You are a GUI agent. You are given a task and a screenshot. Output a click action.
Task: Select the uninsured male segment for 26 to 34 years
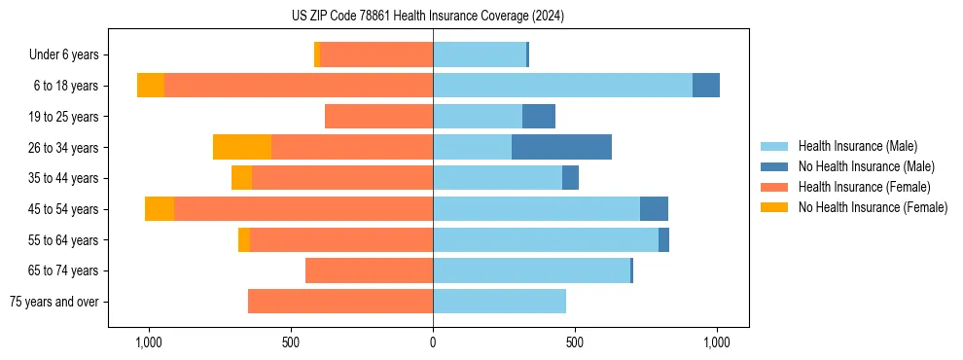click(x=561, y=147)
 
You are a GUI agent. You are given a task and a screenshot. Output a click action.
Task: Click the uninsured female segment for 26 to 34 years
click(x=242, y=147)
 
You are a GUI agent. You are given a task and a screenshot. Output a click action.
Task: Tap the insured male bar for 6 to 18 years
click(x=562, y=86)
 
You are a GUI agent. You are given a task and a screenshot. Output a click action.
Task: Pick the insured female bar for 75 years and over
click(x=340, y=302)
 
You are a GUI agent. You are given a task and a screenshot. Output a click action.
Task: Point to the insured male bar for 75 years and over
click(x=499, y=302)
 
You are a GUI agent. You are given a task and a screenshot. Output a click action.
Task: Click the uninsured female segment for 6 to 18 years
click(x=151, y=86)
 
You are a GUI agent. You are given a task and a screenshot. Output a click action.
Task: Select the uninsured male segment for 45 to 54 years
click(x=654, y=209)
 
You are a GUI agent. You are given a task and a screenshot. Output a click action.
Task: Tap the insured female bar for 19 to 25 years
click(x=378, y=117)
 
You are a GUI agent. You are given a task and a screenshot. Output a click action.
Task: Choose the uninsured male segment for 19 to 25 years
click(x=539, y=117)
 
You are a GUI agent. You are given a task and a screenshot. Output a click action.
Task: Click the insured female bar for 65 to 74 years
click(x=369, y=270)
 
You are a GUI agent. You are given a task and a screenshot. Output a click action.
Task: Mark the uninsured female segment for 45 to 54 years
click(x=160, y=209)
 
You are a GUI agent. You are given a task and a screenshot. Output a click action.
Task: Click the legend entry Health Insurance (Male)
click(x=857, y=146)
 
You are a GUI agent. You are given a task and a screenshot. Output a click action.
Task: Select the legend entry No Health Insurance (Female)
click(x=873, y=207)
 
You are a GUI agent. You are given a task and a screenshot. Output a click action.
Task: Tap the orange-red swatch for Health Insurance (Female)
click(x=774, y=187)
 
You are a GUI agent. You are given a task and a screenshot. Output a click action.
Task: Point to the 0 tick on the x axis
click(x=433, y=342)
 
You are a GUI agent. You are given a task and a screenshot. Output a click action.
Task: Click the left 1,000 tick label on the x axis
click(x=149, y=342)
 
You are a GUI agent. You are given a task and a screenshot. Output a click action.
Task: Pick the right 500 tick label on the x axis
click(x=575, y=342)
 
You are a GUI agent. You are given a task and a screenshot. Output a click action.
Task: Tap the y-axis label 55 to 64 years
click(x=63, y=240)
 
